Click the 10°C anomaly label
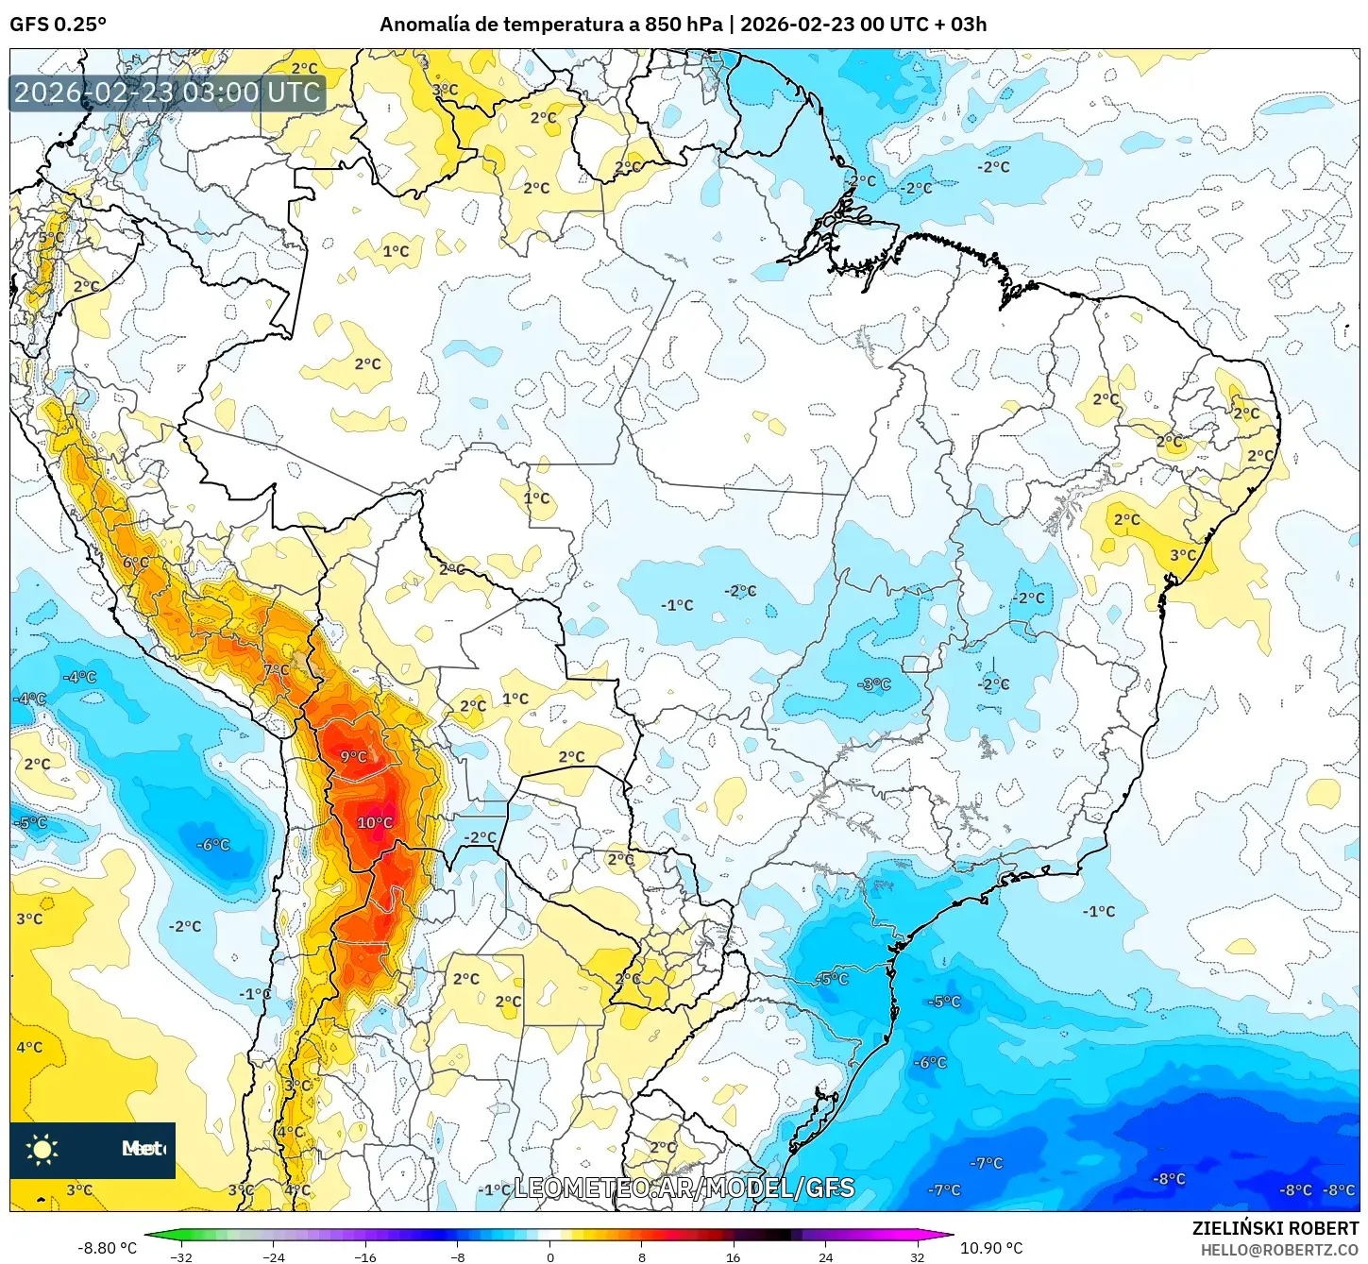click(x=375, y=823)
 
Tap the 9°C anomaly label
click(x=353, y=757)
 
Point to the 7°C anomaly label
click(x=277, y=670)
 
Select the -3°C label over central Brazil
click(x=874, y=684)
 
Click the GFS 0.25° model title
click(x=58, y=25)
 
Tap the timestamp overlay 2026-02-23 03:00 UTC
click(x=167, y=93)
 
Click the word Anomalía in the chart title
click(x=424, y=25)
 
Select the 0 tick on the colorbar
click(x=550, y=1256)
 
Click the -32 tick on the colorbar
click(x=180, y=1256)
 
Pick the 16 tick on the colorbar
click(x=734, y=1256)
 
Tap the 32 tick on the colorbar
click(x=918, y=1256)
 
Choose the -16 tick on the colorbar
click(x=364, y=1256)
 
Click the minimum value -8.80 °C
click(x=107, y=1248)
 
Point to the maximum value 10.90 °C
click(x=991, y=1248)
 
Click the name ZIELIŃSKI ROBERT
click(x=1275, y=1228)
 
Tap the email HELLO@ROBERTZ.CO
click(x=1279, y=1250)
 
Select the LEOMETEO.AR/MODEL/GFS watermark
click(x=684, y=1188)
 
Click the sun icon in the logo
click(x=42, y=1149)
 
